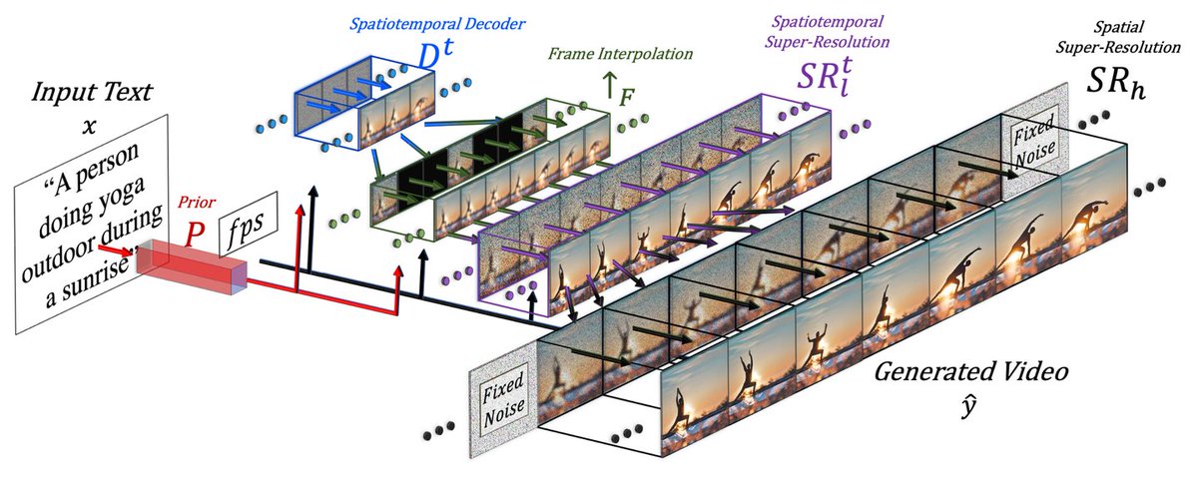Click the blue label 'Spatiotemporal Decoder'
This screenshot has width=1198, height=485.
[437, 24]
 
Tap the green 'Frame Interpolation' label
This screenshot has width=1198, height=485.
[620, 54]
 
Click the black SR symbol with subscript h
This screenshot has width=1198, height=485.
[1116, 83]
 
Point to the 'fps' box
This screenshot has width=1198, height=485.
[249, 225]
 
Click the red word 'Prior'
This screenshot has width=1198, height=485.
[197, 203]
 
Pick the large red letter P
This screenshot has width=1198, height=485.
[195, 234]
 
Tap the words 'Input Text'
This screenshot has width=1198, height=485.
[92, 92]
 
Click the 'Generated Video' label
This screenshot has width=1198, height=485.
[971, 371]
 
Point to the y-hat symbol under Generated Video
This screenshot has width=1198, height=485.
[968, 406]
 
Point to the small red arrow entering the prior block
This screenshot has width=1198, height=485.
[114, 249]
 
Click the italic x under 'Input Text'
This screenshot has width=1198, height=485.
[89, 127]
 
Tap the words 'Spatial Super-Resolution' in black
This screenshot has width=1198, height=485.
[1118, 37]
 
